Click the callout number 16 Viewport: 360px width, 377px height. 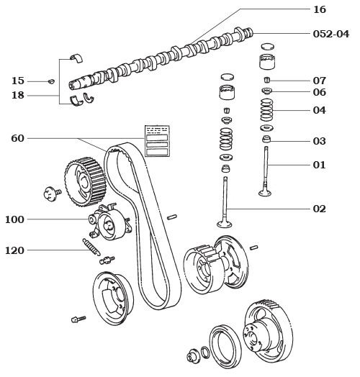tap(319, 9)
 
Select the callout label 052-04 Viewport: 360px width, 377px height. tap(330, 33)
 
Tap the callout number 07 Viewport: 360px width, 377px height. tap(319, 81)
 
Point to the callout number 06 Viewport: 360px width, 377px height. tap(319, 93)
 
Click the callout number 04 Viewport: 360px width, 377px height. tap(319, 111)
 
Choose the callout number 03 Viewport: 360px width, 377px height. tap(319, 141)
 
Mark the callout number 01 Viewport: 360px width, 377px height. tap(319, 165)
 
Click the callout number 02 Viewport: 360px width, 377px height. tap(319, 209)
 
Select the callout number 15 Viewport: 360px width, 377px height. tap(18, 81)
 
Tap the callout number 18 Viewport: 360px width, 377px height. tap(18, 95)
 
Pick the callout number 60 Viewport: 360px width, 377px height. tap(18, 138)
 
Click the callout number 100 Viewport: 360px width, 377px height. tap(15, 219)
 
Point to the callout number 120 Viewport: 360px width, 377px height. tap(15, 250)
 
